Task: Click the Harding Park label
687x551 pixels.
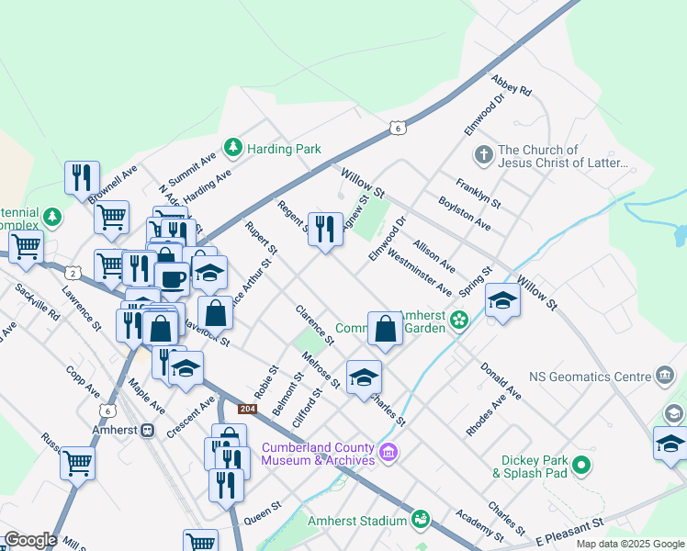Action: (x=283, y=149)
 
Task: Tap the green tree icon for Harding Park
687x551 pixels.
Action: (x=233, y=148)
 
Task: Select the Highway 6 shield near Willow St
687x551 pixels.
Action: (x=397, y=128)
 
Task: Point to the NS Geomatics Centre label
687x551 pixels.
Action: (x=590, y=377)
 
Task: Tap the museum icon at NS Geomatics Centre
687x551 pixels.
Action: (x=665, y=375)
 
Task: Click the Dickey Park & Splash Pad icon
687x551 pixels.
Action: (x=580, y=467)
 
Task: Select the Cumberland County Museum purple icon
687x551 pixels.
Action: (x=388, y=452)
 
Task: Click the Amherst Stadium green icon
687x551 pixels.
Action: (x=421, y=520)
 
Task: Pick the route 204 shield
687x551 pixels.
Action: (x=247, y=409)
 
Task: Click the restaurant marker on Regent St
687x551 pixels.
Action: (x=324, y=230)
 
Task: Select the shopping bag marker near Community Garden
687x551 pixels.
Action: (x=385, y=329)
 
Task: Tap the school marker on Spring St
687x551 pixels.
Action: (x=502, y=300)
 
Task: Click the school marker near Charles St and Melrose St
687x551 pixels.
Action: (x=364, y=377)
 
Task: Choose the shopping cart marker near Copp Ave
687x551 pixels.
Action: (x=78, y=463)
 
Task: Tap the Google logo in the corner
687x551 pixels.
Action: (x=29, y=540)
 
